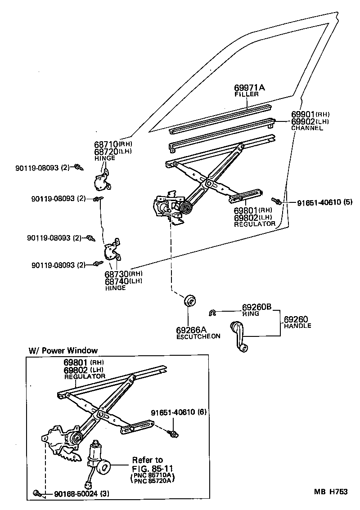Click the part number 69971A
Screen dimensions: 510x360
point(249,88)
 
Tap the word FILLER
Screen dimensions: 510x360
point(247,94)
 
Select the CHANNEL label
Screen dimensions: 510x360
point(307,128)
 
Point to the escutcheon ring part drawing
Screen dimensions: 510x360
point(189,300)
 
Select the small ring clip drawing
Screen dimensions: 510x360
point(214,313)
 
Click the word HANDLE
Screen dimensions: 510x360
point(297,326)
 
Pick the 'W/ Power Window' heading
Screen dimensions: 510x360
point(63,350)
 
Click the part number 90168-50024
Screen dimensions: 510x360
point(70,493)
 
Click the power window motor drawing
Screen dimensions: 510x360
point(95,454)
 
